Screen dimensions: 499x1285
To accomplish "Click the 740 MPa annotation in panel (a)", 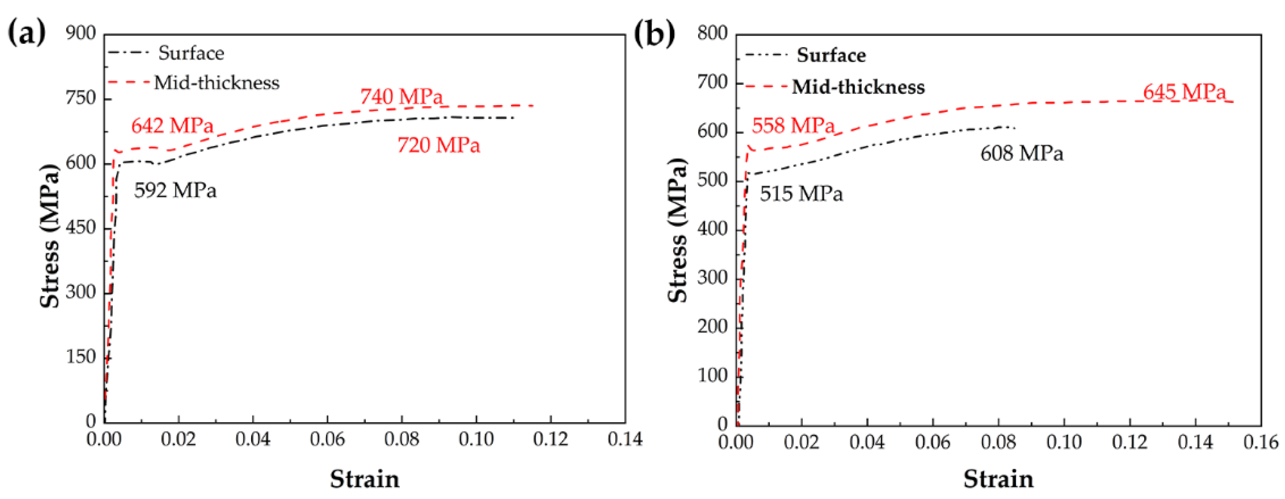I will [401, 96].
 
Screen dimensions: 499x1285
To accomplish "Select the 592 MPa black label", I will [175, 190].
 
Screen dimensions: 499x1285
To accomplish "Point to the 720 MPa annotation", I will [439, 145].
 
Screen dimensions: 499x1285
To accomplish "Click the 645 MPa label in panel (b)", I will [1184, 92].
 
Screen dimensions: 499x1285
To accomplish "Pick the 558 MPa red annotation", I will [793, 125].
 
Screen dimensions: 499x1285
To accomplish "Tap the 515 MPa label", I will [801, 193].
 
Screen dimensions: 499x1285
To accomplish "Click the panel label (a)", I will [26, 33].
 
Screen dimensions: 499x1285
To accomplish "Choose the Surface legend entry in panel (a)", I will [191, 53].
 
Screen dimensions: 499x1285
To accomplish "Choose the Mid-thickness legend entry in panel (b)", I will [858, 87].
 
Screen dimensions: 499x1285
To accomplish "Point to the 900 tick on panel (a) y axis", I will [81, 33].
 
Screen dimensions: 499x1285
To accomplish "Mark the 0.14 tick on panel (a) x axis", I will [624, 439].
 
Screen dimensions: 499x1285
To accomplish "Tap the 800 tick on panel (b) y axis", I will [712, 33].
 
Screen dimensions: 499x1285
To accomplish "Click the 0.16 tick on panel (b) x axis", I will [1260, 441].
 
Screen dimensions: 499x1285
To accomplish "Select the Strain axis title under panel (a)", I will [364, 479].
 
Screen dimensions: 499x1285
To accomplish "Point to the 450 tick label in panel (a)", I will [81, 228].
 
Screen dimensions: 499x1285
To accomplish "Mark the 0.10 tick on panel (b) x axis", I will [1063, 441].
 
